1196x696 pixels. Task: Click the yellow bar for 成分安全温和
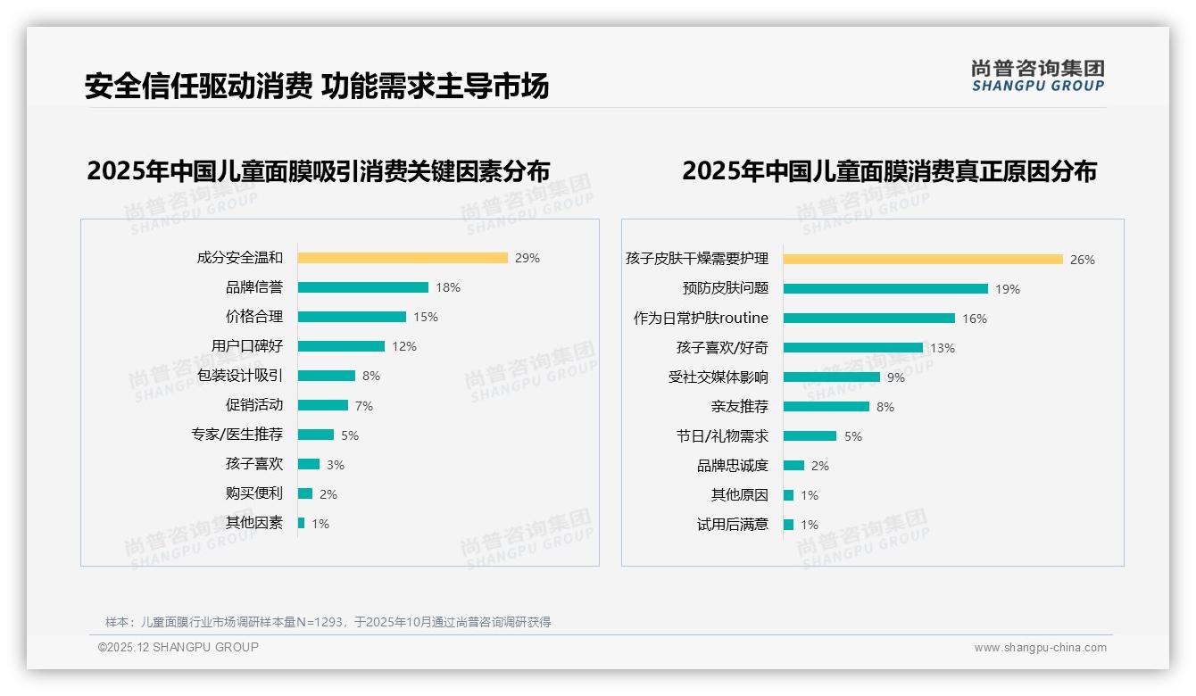(403, 258)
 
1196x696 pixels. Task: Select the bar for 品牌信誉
(363, 287)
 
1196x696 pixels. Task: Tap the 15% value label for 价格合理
(426, 317)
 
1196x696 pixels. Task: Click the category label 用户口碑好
(247, 346)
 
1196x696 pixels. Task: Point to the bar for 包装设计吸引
(327, 376)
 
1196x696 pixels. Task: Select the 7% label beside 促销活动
(364, 406)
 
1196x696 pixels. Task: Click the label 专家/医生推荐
(237, 435)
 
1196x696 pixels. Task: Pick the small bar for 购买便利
(305, 493)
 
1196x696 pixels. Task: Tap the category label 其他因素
(254, 523)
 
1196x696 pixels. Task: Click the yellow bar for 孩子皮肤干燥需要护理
(923, 260)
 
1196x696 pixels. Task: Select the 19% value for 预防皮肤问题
(1008, 289)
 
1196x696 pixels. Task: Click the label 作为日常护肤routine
(701, 319)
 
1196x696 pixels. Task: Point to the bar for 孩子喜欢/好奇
(853, 348)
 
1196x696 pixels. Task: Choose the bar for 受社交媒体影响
(832, 377)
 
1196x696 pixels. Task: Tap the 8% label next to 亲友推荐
(885, 407)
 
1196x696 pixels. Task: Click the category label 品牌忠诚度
(733, 466)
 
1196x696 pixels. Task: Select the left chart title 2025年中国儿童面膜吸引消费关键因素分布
(319, 170)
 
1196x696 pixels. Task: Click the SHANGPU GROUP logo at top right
(1038, 76)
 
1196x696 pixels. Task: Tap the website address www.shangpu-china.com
(1040, 648)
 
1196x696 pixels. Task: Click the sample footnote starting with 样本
(328, 622)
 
